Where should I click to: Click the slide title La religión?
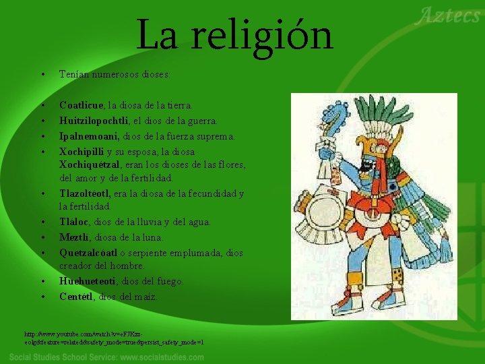pos(234,36)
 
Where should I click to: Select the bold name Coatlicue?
pos(82,105)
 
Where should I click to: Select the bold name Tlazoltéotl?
pos(85,193)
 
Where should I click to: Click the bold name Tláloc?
pos(73,222)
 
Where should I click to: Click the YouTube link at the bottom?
pos(115,338)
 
